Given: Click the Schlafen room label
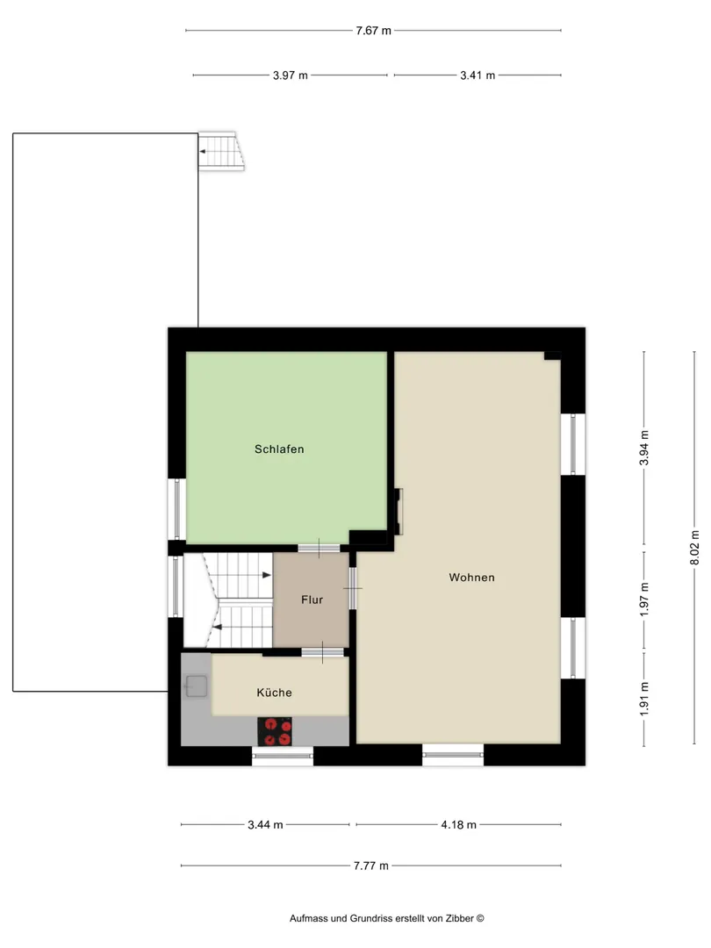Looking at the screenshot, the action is coord(279,449).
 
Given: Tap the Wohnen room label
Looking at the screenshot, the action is coord(471,578).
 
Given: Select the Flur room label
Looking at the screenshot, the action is coord(312,600).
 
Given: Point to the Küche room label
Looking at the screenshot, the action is coord(274,693).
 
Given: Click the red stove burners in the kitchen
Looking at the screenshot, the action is coord(275,731).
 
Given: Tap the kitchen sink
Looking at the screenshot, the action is coord(196,686).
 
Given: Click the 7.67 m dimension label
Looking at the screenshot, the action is coord(373,30).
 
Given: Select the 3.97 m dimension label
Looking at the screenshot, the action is coord(291,75).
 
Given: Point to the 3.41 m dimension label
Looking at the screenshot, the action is coord(478,75).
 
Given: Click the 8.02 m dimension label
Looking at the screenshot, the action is coord(694,548).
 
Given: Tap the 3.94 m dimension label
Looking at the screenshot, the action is coord(644,448).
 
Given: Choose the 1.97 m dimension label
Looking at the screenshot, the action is coord(644,600).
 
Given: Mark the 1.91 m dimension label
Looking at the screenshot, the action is coord(644,699).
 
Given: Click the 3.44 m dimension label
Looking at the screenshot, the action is coord(265,824).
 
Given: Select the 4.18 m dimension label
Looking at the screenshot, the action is coord(459,824).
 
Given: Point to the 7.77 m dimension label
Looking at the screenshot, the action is coord(371,865).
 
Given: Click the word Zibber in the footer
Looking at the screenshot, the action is coord(459,918).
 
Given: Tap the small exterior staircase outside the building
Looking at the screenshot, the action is coord(221,151).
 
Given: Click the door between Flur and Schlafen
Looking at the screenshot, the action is coord(319,549).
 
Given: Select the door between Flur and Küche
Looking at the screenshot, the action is coord(322,652).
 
